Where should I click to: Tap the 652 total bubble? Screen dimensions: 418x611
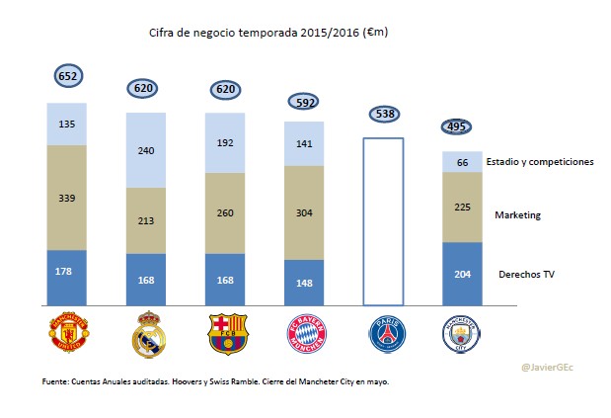pyautogui.click(x=67, y=75)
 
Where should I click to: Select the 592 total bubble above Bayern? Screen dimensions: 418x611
pyautogui.click(x=304, y=101)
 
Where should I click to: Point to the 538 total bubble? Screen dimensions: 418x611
pyautogui.click(x=383, y=115)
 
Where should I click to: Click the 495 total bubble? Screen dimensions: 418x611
pyautogui.click(x=456, y=127)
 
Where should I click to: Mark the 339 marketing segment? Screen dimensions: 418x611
pyautogui.click(x=67, y=198)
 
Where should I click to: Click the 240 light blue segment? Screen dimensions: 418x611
pyautogui.click(x=146, y=150)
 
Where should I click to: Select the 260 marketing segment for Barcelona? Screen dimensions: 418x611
pyautogui.click(x=225, y=212)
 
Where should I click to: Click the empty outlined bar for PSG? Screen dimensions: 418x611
pyautogui.click(x=383, y=223)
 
